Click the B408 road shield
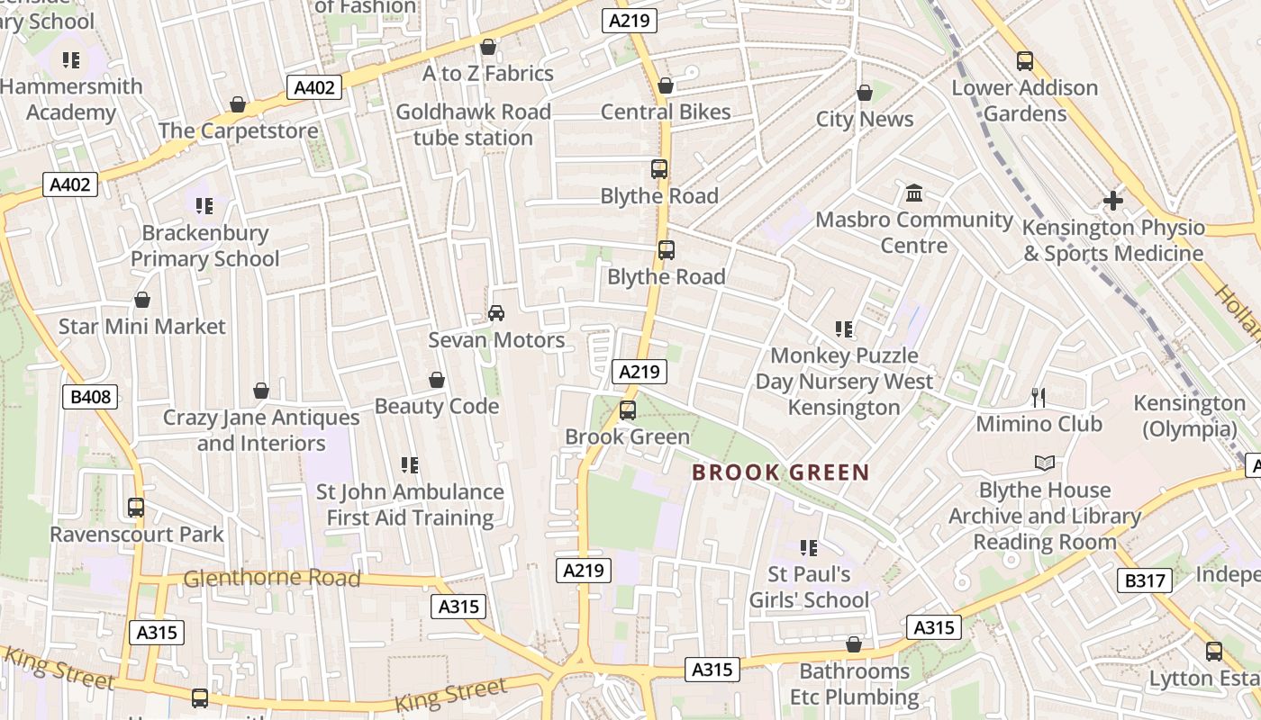(90, 396)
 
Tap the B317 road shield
(1144, 580)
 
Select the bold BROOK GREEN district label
(781, 472)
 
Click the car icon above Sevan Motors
(495, 312)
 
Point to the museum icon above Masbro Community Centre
(914, 193)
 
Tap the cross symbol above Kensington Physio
(1113, 201)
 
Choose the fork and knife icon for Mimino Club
(1039, 397)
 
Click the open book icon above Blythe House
(1044, 463)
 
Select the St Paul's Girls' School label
(809, 587)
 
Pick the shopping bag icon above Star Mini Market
(141, 300)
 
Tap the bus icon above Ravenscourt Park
(136, 508)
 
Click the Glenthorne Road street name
(272, 578)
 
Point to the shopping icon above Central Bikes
(666, 85)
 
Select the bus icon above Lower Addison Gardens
(1025, 61)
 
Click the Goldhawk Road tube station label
(474, 125)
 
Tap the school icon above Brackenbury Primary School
(204, 206)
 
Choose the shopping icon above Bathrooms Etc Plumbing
(854, 644)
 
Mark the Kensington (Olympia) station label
(1189, 416)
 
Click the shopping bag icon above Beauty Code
(437, 380)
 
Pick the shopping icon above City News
(865, 93)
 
